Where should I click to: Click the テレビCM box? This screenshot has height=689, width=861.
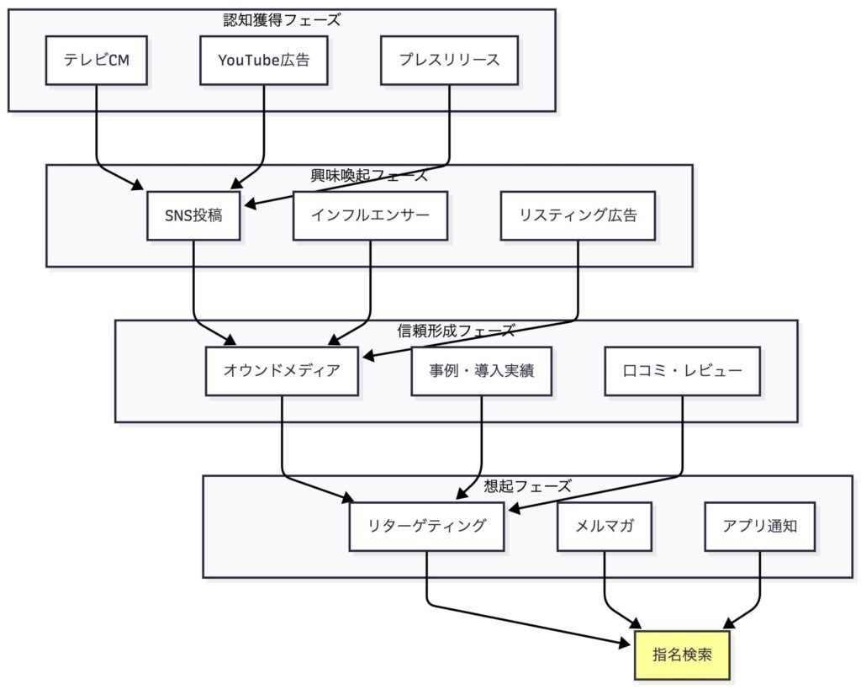coord(97,60)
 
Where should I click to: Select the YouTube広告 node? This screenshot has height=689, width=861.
coord(264,60)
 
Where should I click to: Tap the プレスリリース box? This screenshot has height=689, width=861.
coord(449,60)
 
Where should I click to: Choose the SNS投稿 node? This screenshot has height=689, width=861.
coord(193,215)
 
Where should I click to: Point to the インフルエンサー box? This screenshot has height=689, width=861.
coord(370,215)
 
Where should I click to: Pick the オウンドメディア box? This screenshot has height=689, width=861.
coord(282,370)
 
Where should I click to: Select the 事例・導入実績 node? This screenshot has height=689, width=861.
coord(482,370)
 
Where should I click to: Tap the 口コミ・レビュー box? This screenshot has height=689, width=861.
coord(682,370)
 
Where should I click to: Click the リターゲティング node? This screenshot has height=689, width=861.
coord(426,526)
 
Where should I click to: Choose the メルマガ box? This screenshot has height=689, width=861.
coord(605,526)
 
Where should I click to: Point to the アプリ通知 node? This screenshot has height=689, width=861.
coord(760,526)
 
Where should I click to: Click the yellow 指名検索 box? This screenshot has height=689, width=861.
coord(682,655)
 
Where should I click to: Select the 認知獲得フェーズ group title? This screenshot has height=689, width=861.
coord(282,20)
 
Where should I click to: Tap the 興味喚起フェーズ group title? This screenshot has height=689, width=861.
coord(369,175)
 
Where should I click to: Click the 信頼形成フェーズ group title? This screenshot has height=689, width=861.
coord(456,331)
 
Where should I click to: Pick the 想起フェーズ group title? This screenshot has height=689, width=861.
coord(527,486)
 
